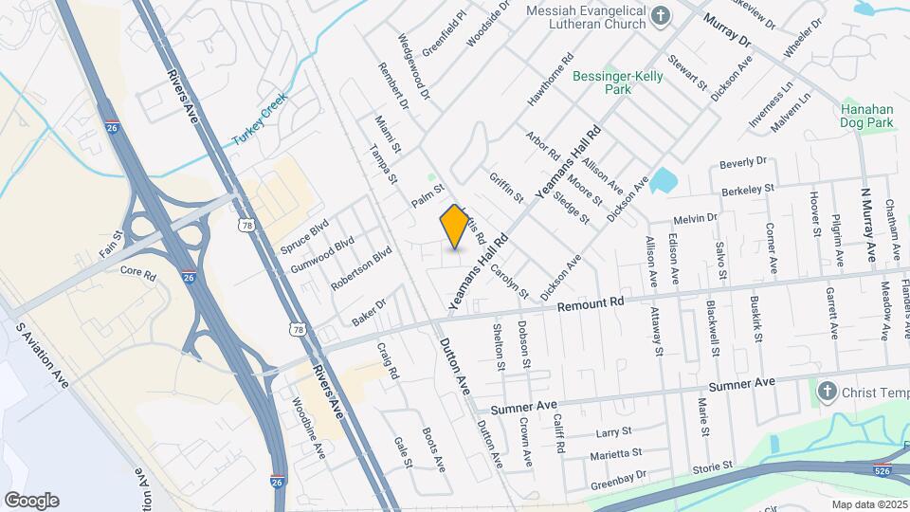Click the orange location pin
pos(454,226)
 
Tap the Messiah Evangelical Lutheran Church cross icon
pos(662,16)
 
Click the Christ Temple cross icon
pos(827,390)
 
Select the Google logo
pos(31,500)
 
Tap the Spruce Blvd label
pos(303,237)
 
